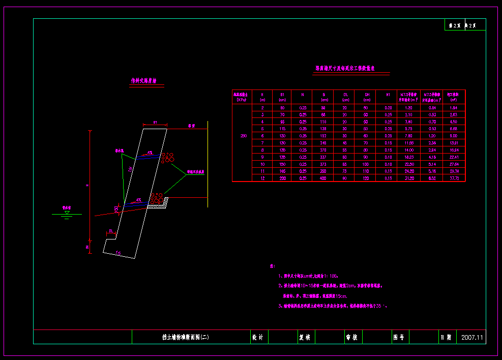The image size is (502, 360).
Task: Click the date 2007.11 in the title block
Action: tap(473, 337)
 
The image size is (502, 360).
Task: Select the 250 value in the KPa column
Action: tap(244, 136)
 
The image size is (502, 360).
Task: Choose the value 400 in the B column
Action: tap(323, 178)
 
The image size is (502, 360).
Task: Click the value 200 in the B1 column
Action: tap(282, 178)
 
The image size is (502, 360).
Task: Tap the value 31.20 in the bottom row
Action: tap(408, 178)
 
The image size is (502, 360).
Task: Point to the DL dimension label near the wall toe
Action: tap(111, 231)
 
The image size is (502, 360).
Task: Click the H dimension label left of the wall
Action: tap(87, 186)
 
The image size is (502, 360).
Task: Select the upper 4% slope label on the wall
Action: tap(150, 153)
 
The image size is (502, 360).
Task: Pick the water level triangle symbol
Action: tap(67, 213)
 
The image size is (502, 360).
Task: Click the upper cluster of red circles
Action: tap(167, 158)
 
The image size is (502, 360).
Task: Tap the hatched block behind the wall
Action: tap(158, 203)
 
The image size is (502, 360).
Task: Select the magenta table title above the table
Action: tap(345, 68)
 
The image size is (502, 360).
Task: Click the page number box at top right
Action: tap(465, 25)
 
